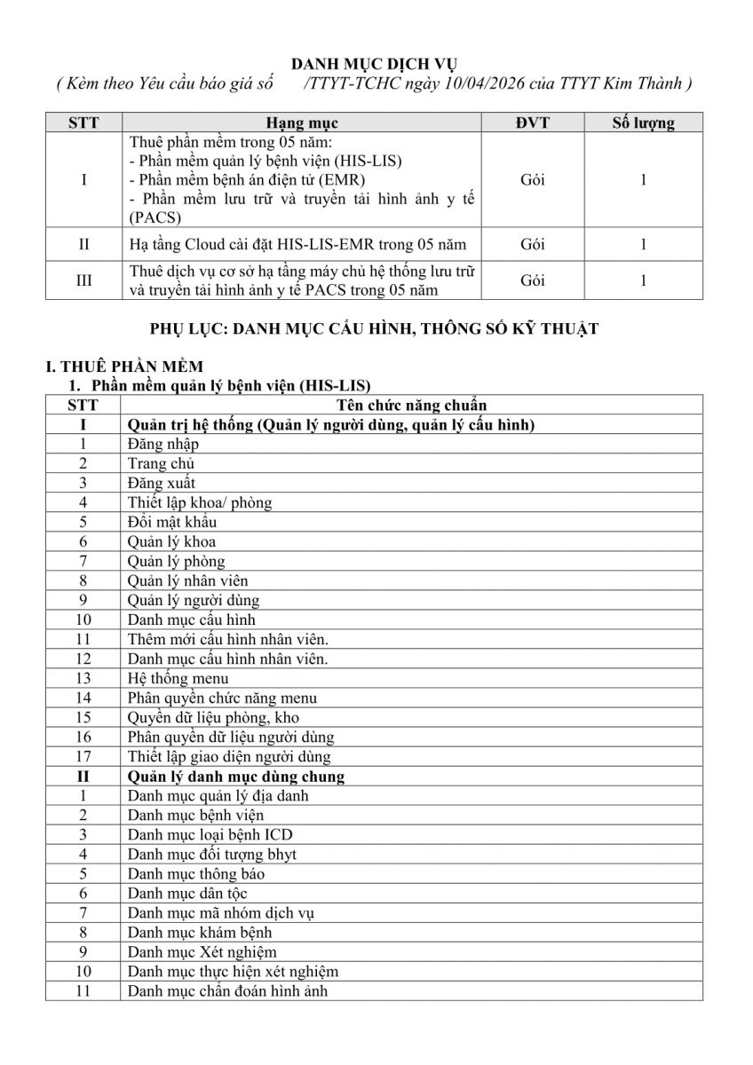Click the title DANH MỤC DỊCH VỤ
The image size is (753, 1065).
pos(376,65)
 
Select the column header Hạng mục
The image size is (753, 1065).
pos(302,123)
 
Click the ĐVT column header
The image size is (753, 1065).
pos(533,123)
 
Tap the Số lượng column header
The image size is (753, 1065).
pos(643,123)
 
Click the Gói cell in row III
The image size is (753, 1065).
pos(533,280)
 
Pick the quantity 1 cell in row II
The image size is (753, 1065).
pos(643,244)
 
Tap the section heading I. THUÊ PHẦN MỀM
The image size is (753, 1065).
pos(124,366)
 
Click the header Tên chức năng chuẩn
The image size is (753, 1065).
pos(413,406)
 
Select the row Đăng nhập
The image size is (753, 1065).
pos(163,444)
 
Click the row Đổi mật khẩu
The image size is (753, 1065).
pos(172,522)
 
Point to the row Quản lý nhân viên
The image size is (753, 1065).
pos(187,580)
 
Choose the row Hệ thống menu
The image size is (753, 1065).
pos(178,678)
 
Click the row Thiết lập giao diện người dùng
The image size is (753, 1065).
pos(229,756)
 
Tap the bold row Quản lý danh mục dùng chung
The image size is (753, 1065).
pos(236,776)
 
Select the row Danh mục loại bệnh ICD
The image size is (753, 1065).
pos(210,834)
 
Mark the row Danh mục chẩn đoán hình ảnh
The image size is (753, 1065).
pos(227,990)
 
